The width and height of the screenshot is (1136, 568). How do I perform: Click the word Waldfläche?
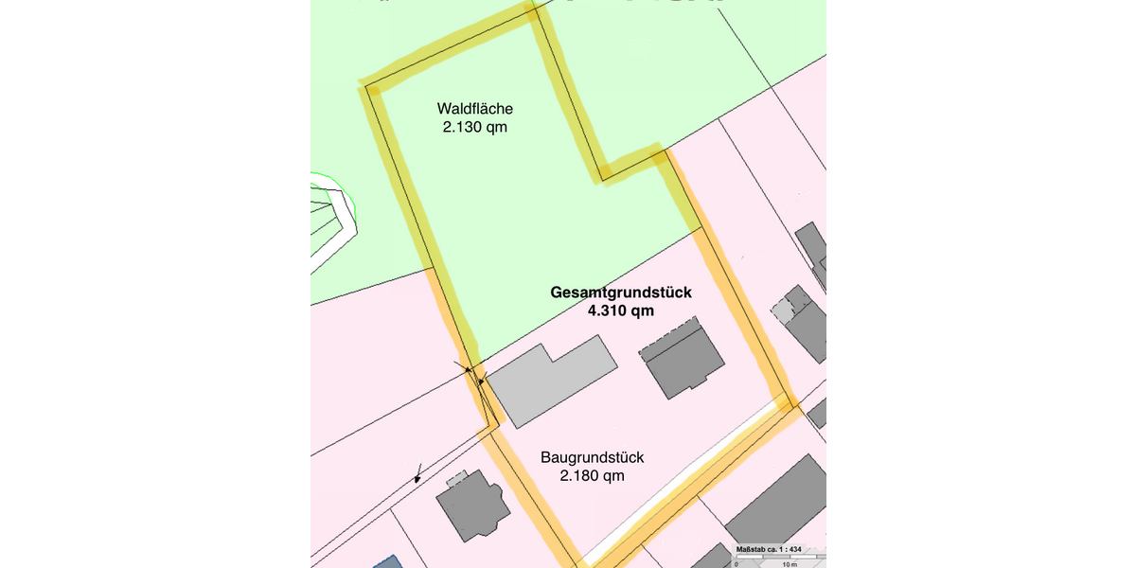coord(474,108)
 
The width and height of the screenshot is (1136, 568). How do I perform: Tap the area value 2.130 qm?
coord(474,127)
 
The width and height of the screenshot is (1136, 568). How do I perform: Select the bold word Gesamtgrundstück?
coord(620,293)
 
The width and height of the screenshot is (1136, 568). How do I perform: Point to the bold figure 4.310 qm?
coord(620,311)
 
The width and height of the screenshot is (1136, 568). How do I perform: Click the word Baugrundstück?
coord(592,457)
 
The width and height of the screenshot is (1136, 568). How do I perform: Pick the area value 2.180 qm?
coord(592,476)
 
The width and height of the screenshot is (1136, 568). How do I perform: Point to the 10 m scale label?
coord(788,564)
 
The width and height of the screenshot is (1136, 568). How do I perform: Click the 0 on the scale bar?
coord(737,564)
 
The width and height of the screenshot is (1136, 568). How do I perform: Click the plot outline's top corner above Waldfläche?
coord(533,12)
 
